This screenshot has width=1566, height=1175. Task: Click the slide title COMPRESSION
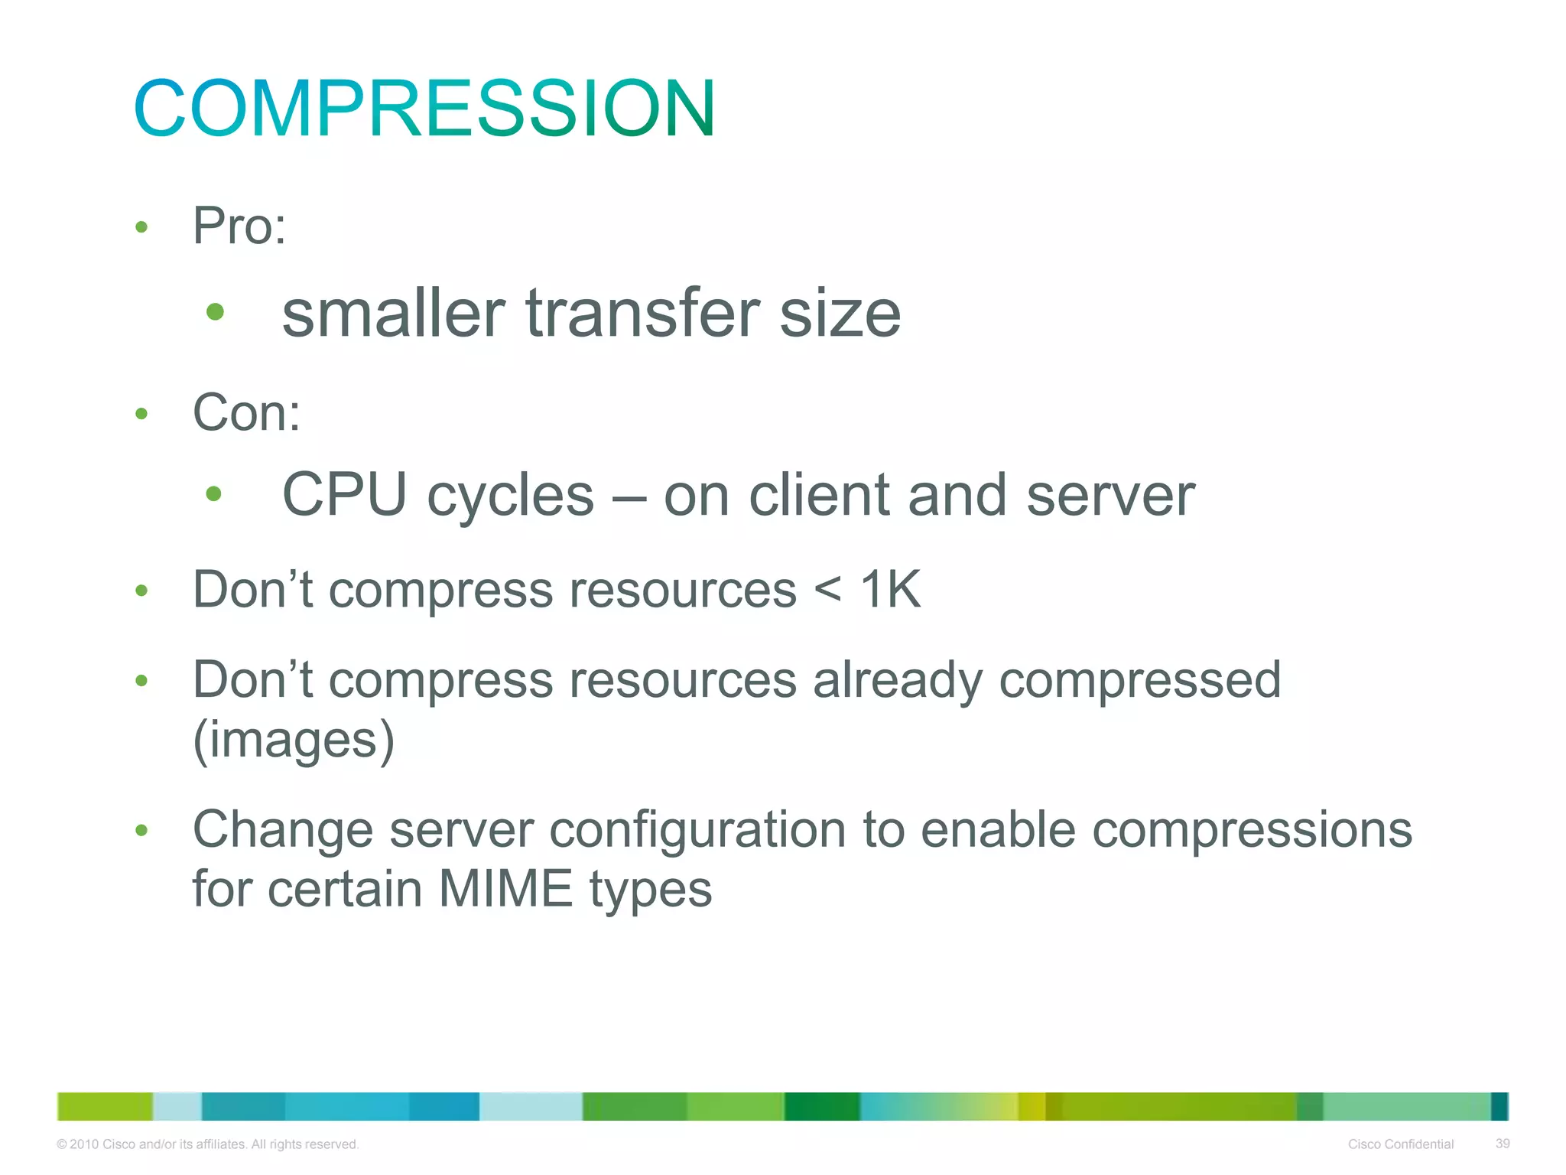(424, 109)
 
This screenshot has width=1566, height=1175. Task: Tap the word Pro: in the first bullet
(239, 226)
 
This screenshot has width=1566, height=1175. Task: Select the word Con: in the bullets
(246, 413)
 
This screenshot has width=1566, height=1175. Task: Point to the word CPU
(344, 495)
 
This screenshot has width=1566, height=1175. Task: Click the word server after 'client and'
(1110, 496)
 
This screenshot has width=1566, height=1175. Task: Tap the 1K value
(890, 590)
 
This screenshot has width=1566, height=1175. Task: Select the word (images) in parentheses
(294, 740)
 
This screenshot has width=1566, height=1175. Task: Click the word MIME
(505, 889)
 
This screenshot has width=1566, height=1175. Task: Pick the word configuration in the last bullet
(697, 831)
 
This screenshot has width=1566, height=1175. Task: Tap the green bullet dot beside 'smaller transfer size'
(215, 312)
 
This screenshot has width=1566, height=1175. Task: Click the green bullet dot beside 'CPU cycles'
(214, 494)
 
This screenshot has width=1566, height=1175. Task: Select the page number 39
(1502, 1144)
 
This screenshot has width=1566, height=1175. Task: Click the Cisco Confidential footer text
(1400, 1144)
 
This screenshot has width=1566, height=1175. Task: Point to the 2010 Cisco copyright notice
(207, 1144)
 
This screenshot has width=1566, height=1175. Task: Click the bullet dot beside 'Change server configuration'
(141, 831)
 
